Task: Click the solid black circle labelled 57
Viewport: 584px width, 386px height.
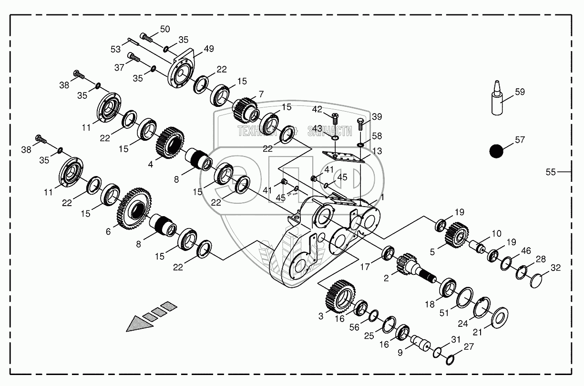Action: click(496, 151)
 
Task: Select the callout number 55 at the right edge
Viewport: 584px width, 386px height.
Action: click(551, 172)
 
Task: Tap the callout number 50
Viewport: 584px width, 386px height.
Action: click(164, 29)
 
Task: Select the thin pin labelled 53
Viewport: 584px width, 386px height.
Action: click(133, 42)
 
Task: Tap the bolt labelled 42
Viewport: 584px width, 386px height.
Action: click(334, 117)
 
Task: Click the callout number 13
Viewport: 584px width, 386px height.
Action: click(377, 151)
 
